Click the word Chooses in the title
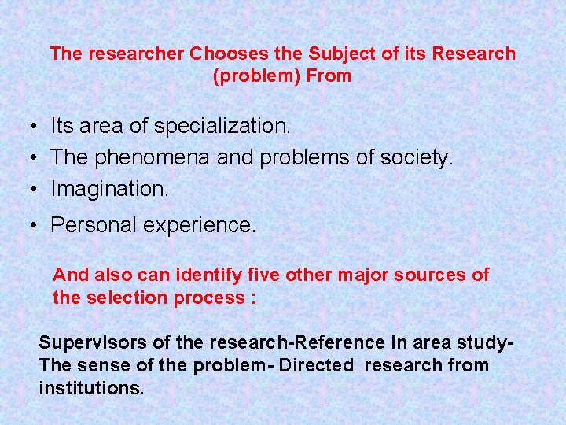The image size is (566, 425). tap(227, 54)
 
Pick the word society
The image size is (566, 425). tap(416, 157)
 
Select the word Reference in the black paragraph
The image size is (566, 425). tap(345, 343)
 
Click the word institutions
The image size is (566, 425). tap(91, 387)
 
